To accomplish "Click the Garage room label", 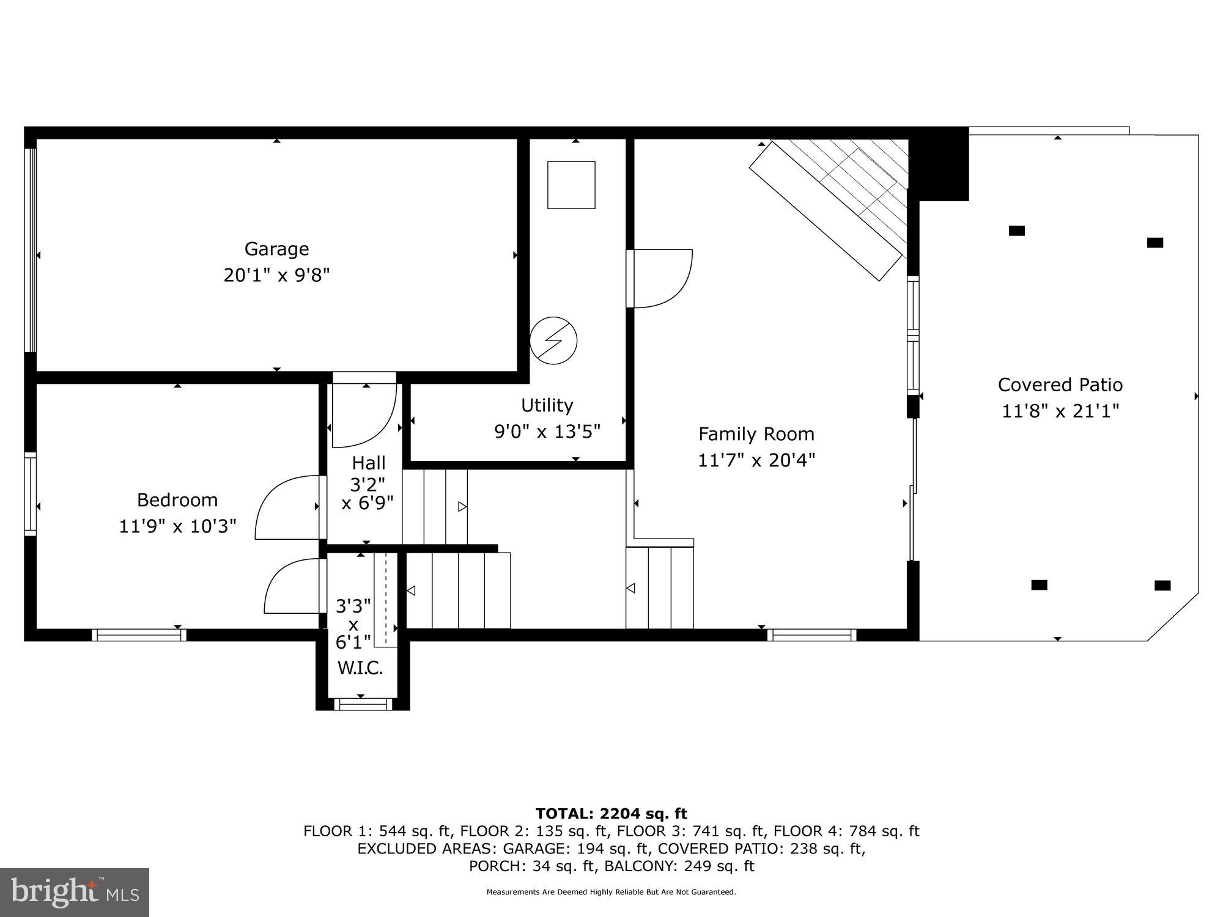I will (276, 249).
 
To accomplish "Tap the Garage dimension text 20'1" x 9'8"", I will (276, 276).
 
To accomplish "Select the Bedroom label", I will (177, 500).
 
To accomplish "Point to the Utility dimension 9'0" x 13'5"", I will (547, 432).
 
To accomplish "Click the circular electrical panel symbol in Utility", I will (553, 341).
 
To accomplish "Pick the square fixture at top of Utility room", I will (571, 185).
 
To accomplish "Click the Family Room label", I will (756, 434).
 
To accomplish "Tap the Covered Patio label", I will (1060, 385).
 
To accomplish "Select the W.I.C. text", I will (360, 668).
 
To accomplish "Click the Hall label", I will (368, 463).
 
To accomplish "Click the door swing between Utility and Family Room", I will (660, 278).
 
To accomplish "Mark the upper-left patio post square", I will (1016, 230).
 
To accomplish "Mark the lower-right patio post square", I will (1162, 586).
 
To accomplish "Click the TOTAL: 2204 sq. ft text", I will (611, 814).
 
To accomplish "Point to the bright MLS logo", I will (75, 892).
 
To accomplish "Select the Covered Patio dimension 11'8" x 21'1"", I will (1060, 411).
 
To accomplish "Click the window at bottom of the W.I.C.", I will (363, 704).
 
